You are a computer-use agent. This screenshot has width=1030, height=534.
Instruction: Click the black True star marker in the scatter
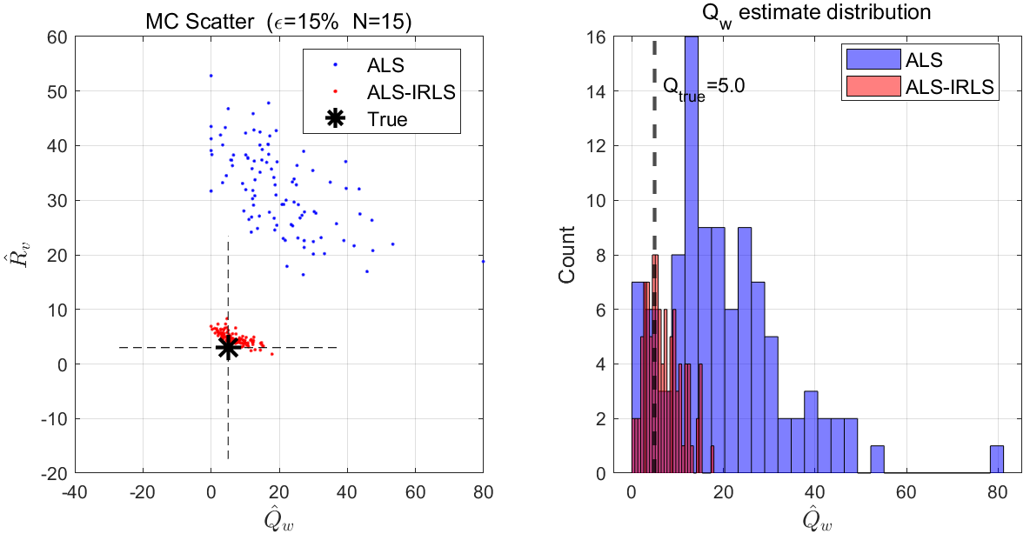228,347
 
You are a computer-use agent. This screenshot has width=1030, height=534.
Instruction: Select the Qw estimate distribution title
817,16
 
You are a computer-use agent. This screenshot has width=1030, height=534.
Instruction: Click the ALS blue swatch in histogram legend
870,60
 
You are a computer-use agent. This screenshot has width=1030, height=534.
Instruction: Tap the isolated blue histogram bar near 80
997,459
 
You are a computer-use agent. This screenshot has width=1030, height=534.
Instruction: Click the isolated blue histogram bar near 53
877,460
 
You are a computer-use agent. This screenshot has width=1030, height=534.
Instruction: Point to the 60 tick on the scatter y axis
57,37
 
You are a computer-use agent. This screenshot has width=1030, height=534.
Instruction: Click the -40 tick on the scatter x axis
74,491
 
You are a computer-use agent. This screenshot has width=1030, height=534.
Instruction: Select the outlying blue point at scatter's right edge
483,261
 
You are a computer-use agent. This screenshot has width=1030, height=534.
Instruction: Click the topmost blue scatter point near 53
211,76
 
